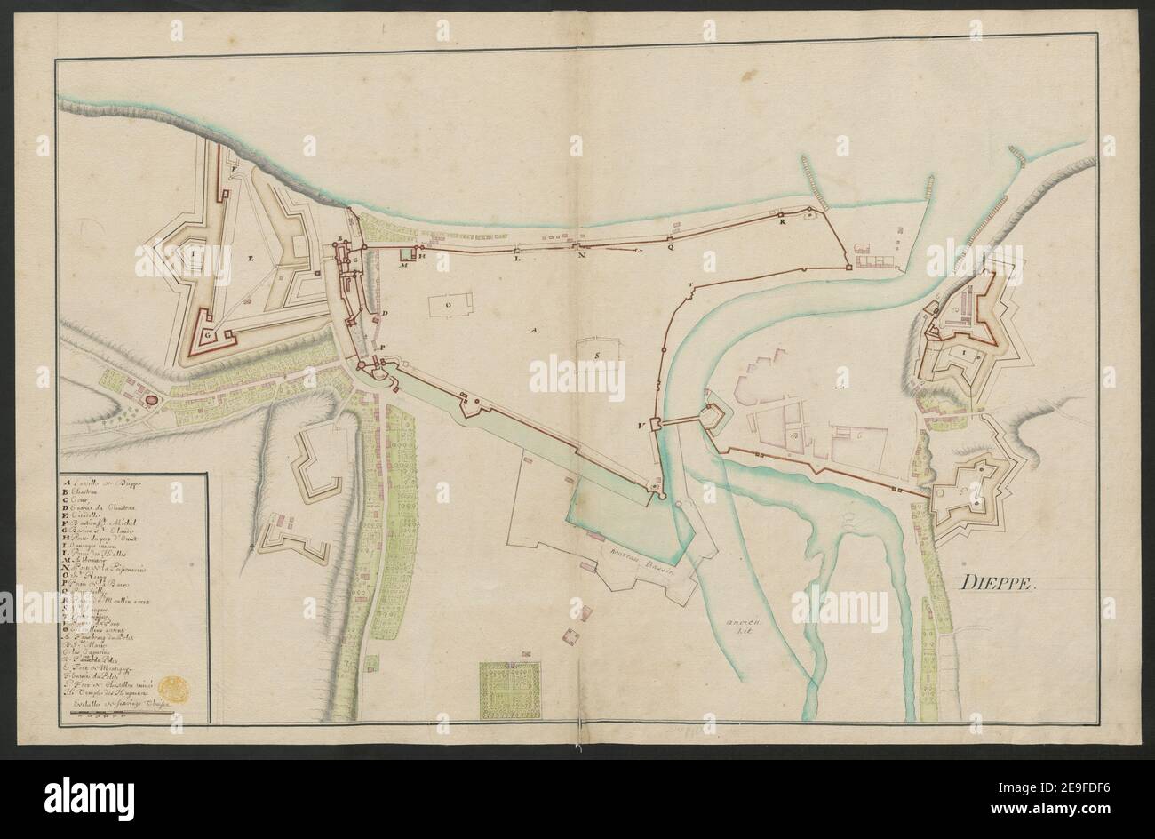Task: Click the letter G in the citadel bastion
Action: [206, 337]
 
